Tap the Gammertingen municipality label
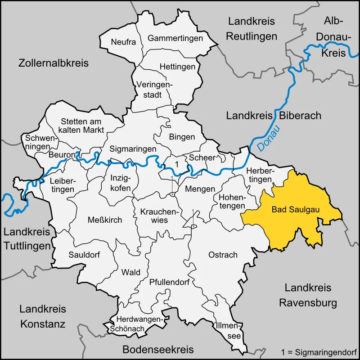(175, 38)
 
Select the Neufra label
(123, 42)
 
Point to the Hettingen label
(178, 67)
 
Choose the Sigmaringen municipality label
(133, 148)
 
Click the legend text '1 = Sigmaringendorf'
(318, 351)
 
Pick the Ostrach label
(223, 255)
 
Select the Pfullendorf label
(169, 283)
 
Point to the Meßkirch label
(105, 219)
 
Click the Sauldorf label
(84, 255)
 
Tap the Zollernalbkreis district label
(54, 63)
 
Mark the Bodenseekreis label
(158, 349)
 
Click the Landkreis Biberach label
(274, 116)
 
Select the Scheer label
(202, 157)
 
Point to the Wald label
(131, 272)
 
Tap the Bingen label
(182, 137)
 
